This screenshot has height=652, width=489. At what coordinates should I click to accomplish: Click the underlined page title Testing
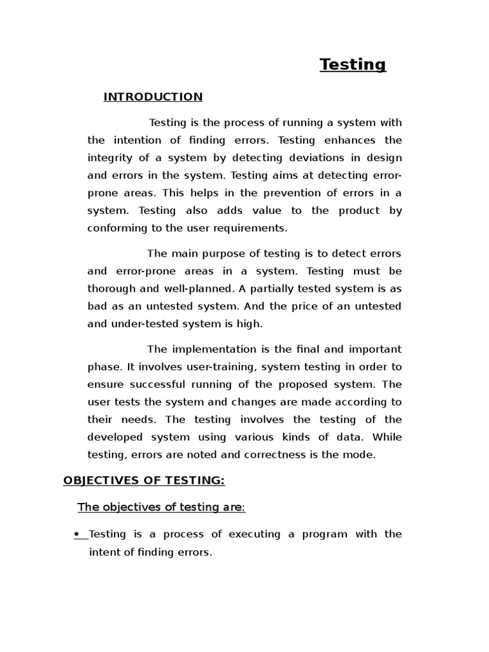353,64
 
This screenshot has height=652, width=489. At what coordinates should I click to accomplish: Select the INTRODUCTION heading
153,97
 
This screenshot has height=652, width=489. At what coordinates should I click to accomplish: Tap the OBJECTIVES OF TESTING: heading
144,480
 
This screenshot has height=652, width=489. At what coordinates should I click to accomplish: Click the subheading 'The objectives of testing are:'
161,507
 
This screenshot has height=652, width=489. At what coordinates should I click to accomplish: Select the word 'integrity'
110,157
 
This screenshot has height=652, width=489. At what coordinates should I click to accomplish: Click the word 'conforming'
116,227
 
